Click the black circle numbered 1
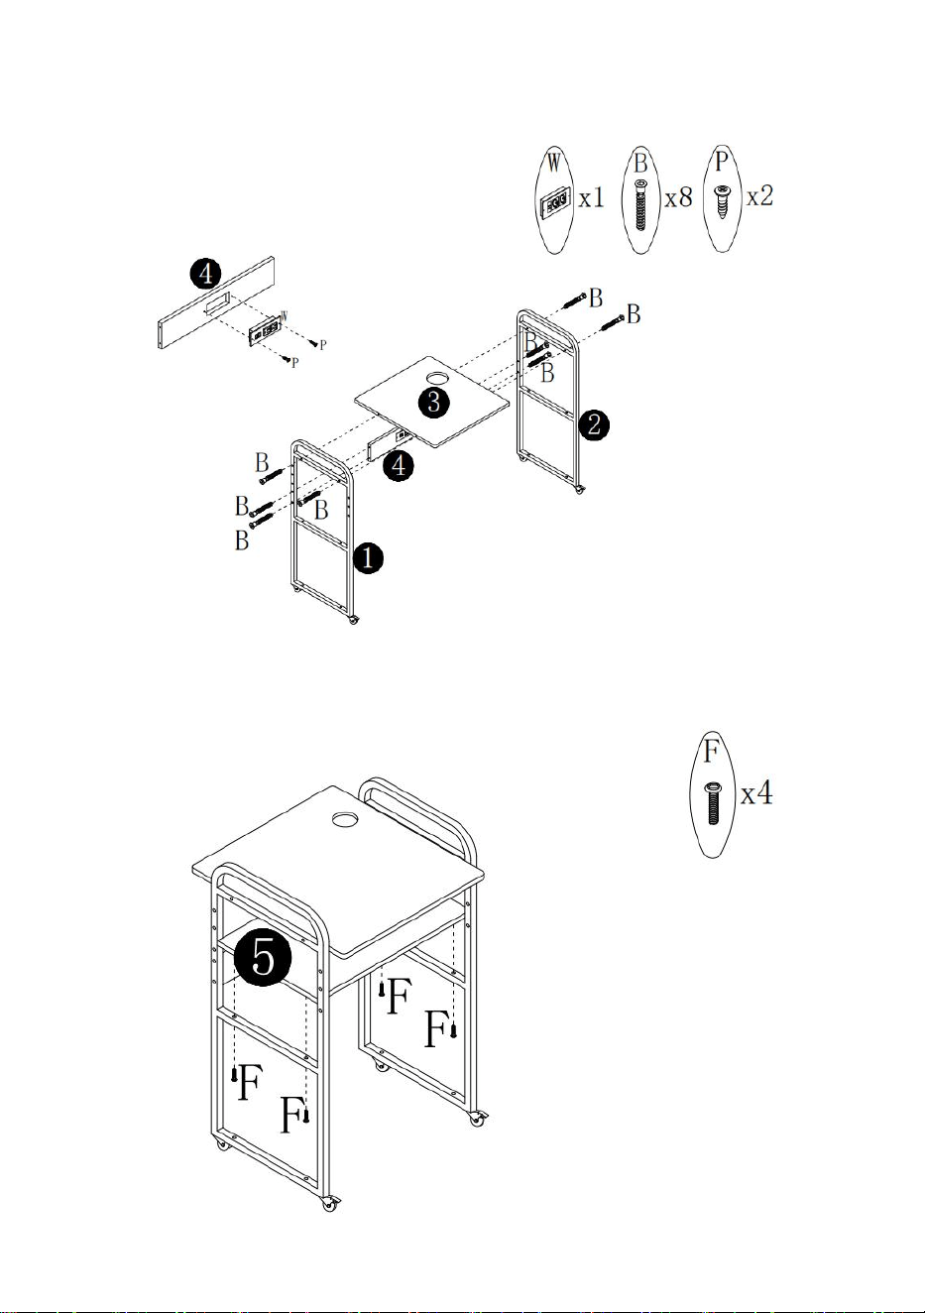click(368, 558)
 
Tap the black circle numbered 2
click(594, 425)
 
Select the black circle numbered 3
click(434, 402)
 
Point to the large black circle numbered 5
click(263, 957)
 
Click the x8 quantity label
click(678, 198)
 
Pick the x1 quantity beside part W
click(592, 198)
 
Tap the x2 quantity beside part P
click(759, 195)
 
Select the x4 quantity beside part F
click(756, 794)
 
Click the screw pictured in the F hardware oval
click(713, 803)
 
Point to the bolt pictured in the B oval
click(640, 205)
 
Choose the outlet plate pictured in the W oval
click(554, 203)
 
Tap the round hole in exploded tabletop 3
click(437, 378)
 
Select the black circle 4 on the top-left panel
click(206, 274)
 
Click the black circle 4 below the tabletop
click(398, 466)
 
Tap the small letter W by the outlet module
click(285, 315)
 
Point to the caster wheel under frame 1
click(353, 620)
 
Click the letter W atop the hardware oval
click(554, 162)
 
